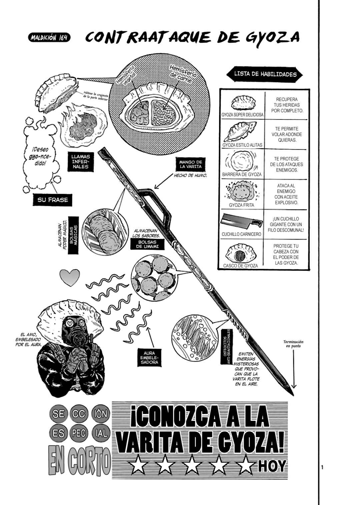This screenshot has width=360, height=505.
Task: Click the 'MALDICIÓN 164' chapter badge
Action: click(49, 37)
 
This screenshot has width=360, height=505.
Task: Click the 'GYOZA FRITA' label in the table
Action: click(241, 205)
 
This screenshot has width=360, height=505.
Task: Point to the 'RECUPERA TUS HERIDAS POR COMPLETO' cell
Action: click(287, 105)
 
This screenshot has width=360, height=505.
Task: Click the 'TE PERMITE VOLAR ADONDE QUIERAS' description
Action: click(287, 134)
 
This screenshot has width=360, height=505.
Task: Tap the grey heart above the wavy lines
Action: click(69, 278)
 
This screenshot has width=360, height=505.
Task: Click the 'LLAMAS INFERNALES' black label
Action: click(80, 161)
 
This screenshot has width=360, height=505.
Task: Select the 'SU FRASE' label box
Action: click(52, 199)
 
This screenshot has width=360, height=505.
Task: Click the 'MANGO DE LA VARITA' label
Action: click(191, 164)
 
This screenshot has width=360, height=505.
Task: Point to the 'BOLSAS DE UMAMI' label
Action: click(147, 244)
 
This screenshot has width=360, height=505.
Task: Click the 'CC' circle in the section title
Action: click(79, 413)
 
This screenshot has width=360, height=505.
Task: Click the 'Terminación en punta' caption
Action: click(293, 344)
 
